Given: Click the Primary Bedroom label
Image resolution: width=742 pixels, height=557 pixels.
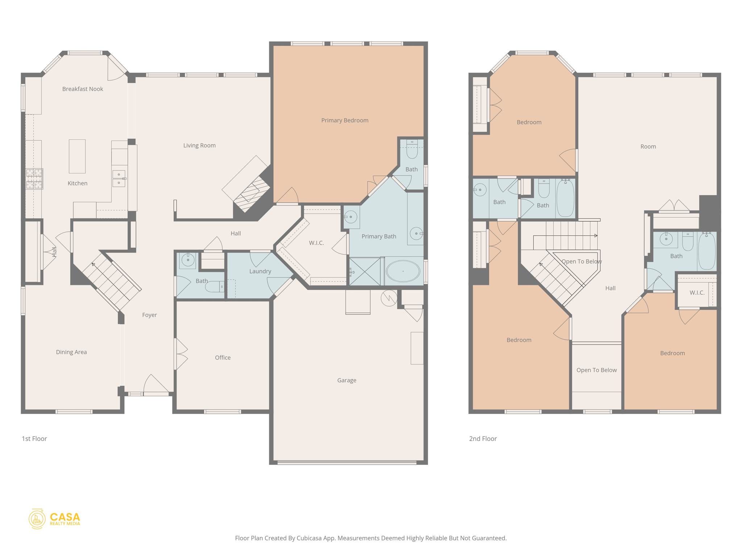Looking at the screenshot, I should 345,120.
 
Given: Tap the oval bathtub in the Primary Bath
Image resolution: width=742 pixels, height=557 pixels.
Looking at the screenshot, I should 403,271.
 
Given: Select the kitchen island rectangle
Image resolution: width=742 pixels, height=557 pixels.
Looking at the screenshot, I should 77,156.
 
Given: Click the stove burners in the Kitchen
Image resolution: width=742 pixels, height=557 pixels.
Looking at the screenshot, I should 34,178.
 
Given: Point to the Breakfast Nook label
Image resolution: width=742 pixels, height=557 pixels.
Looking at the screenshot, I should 83,89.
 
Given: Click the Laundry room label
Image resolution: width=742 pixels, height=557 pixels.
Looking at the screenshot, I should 260,271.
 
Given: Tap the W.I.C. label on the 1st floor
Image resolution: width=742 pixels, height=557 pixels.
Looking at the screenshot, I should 316,243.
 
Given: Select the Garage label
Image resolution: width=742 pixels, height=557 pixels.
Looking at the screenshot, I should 347,380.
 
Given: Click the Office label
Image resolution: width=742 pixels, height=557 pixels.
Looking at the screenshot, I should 222,358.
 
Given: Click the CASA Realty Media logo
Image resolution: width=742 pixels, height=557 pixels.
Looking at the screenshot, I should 54,519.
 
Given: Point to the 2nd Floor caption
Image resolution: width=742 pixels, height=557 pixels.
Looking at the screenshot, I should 483,439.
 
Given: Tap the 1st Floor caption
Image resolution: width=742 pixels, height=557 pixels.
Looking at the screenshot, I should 34,439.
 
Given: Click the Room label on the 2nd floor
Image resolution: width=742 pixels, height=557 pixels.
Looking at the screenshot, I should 648,147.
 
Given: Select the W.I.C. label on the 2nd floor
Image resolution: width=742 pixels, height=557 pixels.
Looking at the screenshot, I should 697,293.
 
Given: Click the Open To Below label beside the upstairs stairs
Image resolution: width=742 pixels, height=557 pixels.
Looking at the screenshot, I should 581,261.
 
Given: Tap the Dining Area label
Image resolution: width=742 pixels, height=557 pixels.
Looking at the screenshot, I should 71,352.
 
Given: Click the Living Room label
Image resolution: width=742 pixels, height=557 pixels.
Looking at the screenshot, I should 199,145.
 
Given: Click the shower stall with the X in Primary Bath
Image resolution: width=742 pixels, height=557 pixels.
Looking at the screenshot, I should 364,271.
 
